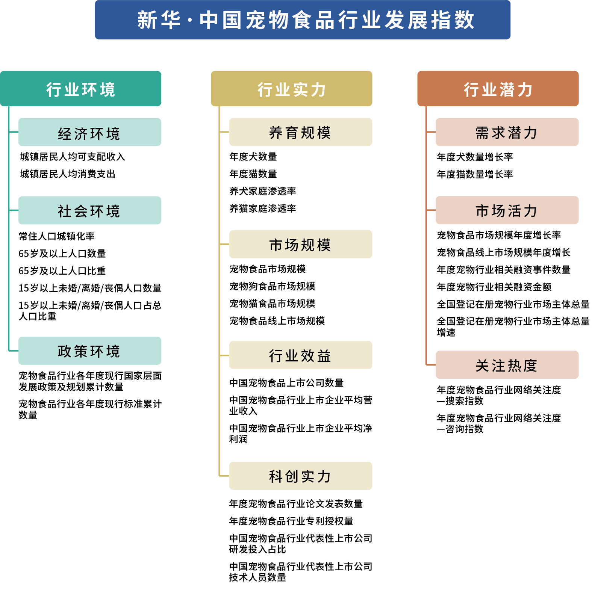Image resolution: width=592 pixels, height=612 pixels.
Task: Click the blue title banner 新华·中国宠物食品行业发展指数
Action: tap(303, 20)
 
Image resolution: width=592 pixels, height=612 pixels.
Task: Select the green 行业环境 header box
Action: tap(81, 89)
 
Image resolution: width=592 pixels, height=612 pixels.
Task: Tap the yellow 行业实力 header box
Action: tap(292, 89)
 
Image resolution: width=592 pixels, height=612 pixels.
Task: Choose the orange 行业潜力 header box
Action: tap(498, 89)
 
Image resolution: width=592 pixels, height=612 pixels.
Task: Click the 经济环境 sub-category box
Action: tap(89, 133)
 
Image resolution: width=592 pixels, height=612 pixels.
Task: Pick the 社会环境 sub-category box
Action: tap(89, 211)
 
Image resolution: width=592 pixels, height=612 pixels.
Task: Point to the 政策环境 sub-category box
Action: tap(89, 351)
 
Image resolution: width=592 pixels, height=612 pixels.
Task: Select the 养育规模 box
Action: tap(301, 133)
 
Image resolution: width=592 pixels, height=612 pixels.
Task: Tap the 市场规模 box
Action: tap(301, 245)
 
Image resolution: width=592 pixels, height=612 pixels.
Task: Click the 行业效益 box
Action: tap(301, 355)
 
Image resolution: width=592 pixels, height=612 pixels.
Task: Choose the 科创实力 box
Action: tap(301, 476)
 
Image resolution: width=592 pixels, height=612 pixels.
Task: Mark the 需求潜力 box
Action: tap(507, 133)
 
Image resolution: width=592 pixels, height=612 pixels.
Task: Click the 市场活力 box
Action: tap(507, 211)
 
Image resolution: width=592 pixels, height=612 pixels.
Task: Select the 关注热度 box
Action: tap(507, 365)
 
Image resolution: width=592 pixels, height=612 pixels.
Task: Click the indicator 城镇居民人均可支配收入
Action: tap(73, 157)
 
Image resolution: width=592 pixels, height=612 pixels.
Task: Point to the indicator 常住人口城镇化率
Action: tap(57, 236)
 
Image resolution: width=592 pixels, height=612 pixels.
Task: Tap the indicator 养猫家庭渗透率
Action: tap(263, 209)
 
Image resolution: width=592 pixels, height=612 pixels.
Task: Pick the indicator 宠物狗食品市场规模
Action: tap(273, 286)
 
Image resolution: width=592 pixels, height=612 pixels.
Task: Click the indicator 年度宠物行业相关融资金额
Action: tap(494, 287)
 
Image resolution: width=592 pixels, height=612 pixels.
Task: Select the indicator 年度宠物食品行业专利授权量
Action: tap(291, 521)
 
